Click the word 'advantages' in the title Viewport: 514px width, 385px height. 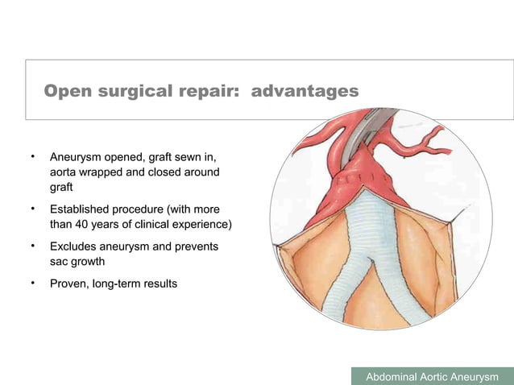pos(305,92)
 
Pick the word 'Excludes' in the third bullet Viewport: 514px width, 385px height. pos(73,246)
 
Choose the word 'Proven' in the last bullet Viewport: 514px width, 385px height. pos(68,283)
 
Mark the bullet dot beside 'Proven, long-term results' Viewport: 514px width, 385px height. pos(32,283)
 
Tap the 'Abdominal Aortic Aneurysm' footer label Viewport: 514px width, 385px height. pos(433,377)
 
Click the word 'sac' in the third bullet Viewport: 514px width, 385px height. pos(60,261)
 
